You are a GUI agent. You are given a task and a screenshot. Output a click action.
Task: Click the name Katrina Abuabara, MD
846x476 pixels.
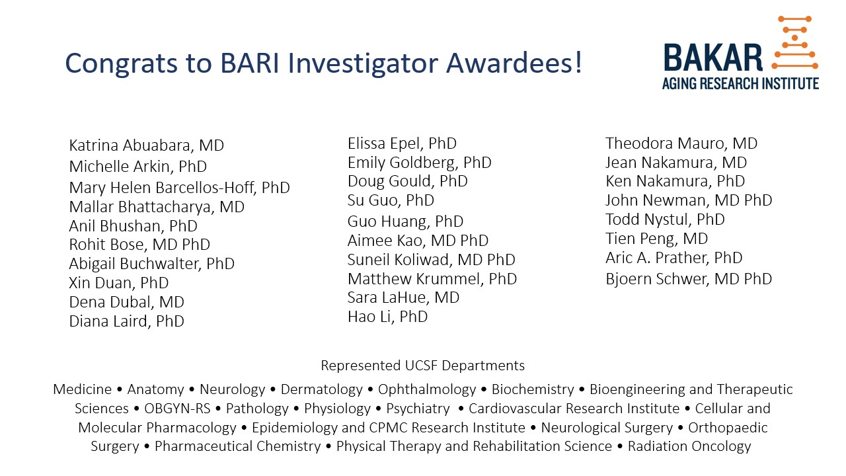(146, 145)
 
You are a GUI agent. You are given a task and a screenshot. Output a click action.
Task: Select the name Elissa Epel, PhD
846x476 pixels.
(402, 143)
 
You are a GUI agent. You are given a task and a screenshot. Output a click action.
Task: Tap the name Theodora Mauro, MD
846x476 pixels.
(681, 143)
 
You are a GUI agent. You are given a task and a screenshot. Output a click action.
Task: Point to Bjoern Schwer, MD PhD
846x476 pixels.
(689, 279)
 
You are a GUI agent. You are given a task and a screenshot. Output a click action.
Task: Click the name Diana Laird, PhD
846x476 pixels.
(126, 321)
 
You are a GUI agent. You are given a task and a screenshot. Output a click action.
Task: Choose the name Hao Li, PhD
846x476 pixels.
(387, 317)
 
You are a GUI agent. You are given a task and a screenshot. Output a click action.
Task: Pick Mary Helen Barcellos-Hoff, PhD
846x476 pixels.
(179, 188)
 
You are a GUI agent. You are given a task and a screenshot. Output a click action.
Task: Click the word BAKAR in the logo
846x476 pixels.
(712, 58)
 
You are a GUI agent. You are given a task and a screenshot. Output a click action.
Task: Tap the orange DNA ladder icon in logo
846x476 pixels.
(794, 42)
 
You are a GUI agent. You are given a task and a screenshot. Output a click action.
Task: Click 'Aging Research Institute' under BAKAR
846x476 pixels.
(740, 84)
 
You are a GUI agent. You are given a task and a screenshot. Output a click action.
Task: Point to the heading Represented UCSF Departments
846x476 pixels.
(422, 366)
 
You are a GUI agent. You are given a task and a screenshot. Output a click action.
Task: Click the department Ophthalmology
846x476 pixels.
(427, 389)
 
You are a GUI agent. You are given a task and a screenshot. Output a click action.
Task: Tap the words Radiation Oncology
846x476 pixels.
(689, 446)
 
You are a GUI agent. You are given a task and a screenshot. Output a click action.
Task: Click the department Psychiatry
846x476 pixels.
(418, 409)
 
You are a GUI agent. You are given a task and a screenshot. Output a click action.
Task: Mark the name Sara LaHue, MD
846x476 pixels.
(403, 297)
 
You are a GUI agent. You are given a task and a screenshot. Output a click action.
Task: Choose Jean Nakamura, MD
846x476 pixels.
(676, 163)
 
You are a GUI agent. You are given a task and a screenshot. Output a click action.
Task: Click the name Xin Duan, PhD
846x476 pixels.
(118, 283)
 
